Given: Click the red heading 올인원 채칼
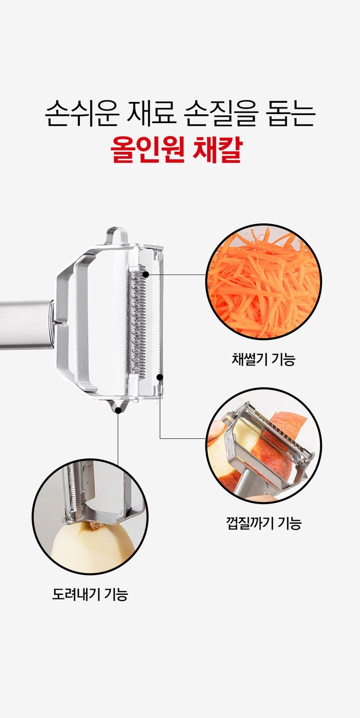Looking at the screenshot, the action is [x=177, y=150].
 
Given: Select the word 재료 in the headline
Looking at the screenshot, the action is [x=151, y=114].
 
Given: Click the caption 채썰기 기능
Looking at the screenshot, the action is [x=263, y=359].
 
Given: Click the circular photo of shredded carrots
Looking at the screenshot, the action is [x=264, y=281].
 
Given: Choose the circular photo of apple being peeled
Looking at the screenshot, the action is [x=264, y=446].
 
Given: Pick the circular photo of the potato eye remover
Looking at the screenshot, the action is [x=90, y=517].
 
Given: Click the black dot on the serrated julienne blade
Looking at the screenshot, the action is [x=145, y=275].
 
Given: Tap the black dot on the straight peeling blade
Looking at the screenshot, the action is [x=160, y=377].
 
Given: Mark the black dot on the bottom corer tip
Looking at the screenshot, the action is [x=118, y=410].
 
